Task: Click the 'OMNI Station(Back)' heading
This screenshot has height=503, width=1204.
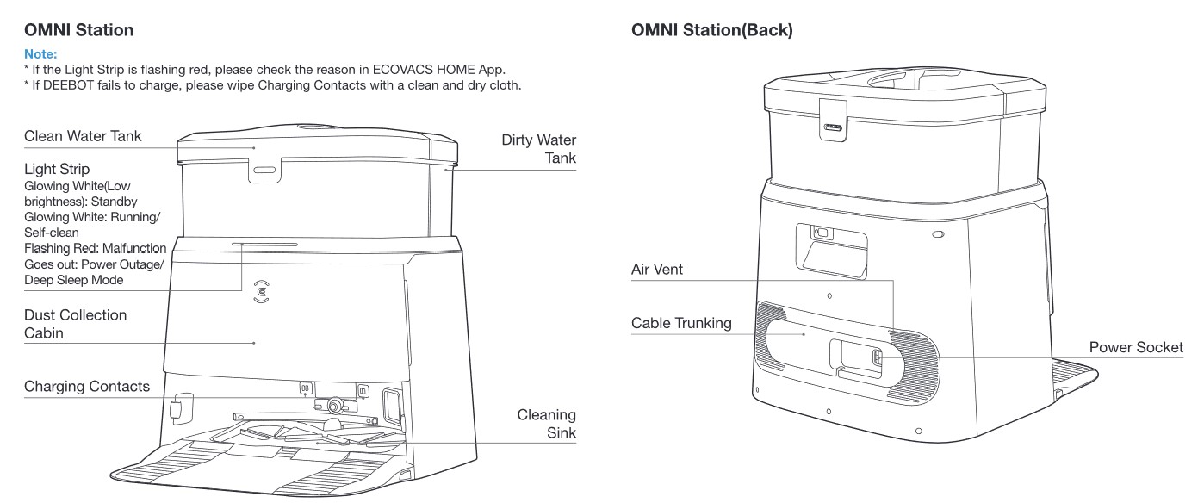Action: [x=712, y=30]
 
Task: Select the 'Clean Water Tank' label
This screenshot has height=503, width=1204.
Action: [x=83, y=136]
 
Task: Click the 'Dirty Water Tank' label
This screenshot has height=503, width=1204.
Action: [x=539, y=148]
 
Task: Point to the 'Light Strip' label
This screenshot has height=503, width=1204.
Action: [x=57, y=169]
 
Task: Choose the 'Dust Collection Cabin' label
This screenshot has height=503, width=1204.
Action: [x=75, y=324]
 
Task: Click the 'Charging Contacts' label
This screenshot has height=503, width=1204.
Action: [x=86, y=386]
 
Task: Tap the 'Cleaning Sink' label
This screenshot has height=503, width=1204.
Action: [x=546, y=423]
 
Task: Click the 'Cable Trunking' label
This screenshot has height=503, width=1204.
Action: [x=681, y=324]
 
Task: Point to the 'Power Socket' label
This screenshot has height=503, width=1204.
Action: [x=1136, y=347]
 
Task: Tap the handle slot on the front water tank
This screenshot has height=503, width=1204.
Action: [x=264, y=170]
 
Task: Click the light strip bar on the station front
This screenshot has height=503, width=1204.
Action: [x=265, y=244]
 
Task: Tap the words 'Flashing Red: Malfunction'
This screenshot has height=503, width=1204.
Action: [x=96, y=249]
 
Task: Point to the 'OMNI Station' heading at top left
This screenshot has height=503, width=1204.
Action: [x=79, y=30]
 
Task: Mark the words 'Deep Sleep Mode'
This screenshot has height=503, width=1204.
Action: [x=74, y=280]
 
